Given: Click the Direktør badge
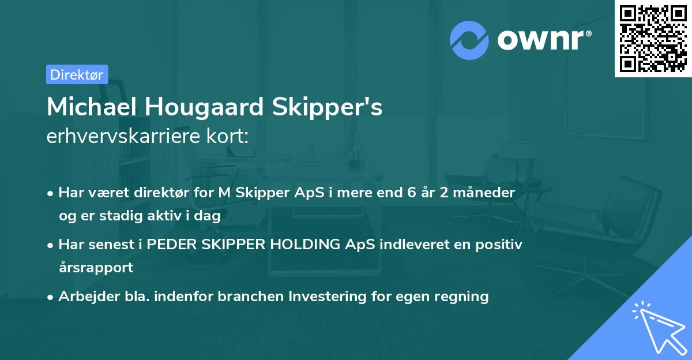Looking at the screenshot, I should coord(77,74).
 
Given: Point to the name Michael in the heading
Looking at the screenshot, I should coord(92,107).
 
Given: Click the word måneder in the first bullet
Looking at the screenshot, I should coord(492,193).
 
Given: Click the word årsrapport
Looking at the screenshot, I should coord(96,268).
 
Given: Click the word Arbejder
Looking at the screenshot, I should coord(85,297).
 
